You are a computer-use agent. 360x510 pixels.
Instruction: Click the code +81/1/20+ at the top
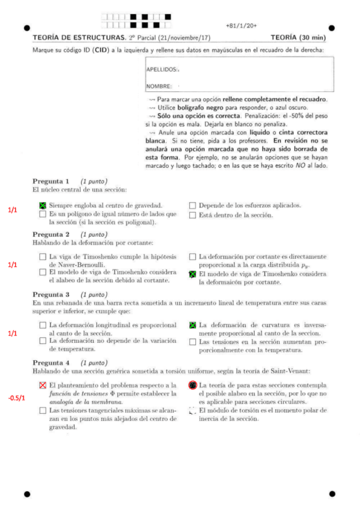coord(242,26)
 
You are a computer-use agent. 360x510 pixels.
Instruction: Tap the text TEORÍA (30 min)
coord(299,38)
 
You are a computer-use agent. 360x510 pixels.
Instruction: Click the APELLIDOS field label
coord(162,70)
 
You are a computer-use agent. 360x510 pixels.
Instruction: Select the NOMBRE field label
coord(159,86)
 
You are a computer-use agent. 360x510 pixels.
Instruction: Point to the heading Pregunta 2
coord(51,234)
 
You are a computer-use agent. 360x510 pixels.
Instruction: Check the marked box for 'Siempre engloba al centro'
coord(43,205)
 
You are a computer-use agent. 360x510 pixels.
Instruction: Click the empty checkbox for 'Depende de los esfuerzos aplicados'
coord(193,205)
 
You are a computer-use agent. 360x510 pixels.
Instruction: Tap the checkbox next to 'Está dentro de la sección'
coord(193,215)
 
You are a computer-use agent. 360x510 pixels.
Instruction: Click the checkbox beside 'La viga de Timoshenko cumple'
coord(43,257)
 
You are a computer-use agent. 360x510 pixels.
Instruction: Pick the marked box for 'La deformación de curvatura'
coord(193,325)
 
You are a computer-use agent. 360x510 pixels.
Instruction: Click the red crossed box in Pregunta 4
coord(43,385)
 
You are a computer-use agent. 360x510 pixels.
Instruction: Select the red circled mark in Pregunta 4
coord(193,385)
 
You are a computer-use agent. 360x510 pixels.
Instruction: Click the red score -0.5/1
coord(16,398)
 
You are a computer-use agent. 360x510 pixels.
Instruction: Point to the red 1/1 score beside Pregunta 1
coord(12,210)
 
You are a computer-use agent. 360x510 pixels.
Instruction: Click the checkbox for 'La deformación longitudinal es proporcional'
coord(43,325)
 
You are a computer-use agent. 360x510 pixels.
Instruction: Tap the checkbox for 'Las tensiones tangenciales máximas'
coord(43,411)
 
